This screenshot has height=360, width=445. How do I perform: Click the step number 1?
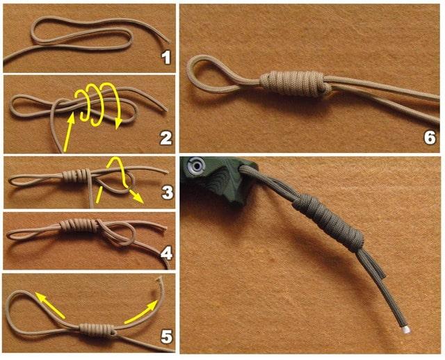(165, 57)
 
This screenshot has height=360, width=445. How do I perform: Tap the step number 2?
(166, 138)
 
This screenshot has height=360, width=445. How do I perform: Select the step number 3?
(167, 192)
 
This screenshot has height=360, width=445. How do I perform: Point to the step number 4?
(167, 253)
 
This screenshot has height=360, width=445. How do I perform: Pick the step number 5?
(167, 337)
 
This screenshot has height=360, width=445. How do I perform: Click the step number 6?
(430, 138)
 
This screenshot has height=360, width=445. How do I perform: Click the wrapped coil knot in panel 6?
(296, 83)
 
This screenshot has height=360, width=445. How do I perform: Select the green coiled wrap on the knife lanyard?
(329, 222)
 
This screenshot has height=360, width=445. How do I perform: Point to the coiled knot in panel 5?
(97, 330)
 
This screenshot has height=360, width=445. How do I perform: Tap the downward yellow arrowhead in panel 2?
(118, 124)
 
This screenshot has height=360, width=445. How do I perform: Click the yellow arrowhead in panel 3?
(138, 197)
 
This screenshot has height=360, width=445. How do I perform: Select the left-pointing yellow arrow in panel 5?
(50, 305)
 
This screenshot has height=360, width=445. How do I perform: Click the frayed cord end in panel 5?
(160, 279)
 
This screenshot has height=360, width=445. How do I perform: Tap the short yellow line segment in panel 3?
(99, 195)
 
